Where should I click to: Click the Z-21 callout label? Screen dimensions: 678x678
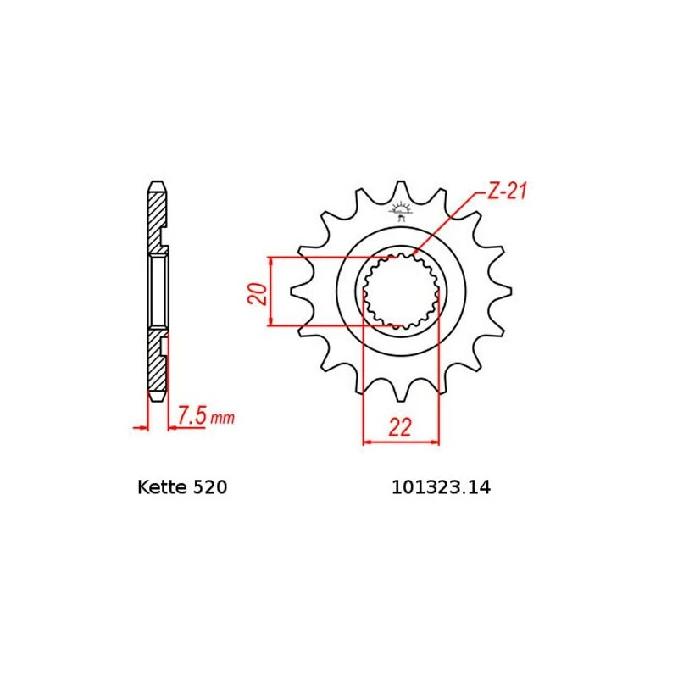(507, 192)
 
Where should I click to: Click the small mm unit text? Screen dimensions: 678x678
(222, 418)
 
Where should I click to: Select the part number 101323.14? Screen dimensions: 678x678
(441, 488)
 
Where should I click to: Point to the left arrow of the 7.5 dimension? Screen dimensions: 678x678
(142, 427)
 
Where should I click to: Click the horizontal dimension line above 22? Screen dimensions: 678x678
(401, 441)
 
